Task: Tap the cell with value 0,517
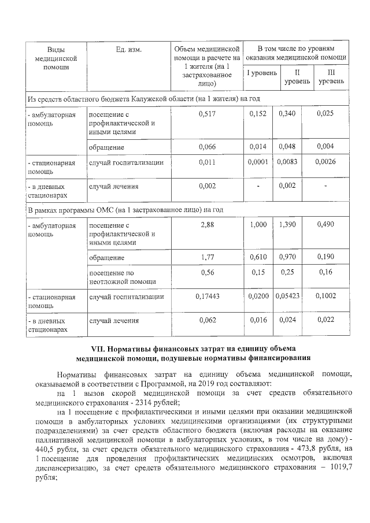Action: [207, 114]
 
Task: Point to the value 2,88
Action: [207, 225]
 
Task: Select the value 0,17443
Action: [207, 296]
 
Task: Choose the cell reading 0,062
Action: [207, 320]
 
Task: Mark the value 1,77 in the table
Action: [207, 257]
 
